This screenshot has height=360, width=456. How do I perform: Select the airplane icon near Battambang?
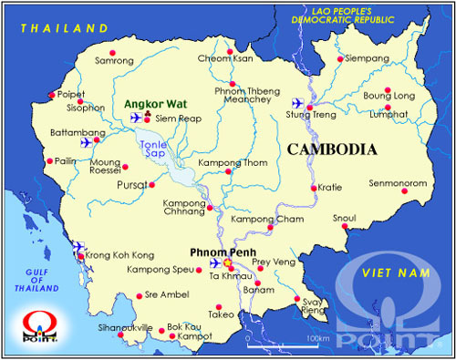tap(87, 141)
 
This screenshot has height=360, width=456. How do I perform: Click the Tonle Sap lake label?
tap(152, 149)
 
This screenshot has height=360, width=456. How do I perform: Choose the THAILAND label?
tap(57, 28)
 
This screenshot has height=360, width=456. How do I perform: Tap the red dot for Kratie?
tap(314, 188)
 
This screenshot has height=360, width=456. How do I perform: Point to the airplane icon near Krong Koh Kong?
tap(79, 246)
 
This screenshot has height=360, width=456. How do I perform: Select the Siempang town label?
tap(368, 59)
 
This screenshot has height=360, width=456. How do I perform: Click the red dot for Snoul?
tap(345, 227)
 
